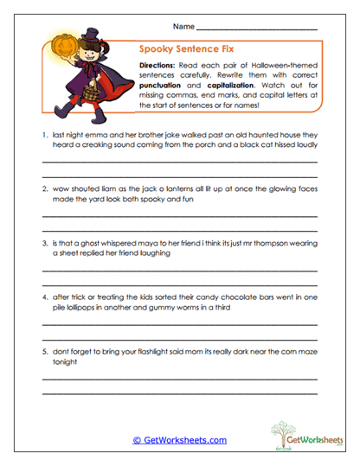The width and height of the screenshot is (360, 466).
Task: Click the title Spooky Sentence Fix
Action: pyautogui.click(x=179, y=51)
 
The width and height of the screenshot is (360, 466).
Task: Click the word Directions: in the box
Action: pyautogui.click(x=160, y=64)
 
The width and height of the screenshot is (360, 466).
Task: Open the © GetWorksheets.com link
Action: pyautogui.click(x=179, y=440)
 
